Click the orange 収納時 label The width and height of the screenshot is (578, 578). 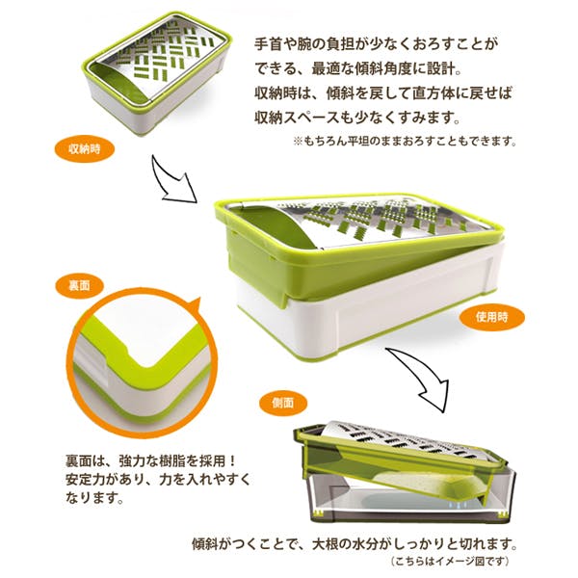point(84,149)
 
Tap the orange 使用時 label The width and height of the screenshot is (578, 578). point(491,317)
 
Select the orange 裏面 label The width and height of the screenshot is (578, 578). point(79,286)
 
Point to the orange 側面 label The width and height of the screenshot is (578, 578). point(282,402)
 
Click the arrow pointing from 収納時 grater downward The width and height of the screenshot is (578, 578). point(173,182)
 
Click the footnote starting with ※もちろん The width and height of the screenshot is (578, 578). point(405,140)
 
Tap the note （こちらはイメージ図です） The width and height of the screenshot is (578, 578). point(451,562)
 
